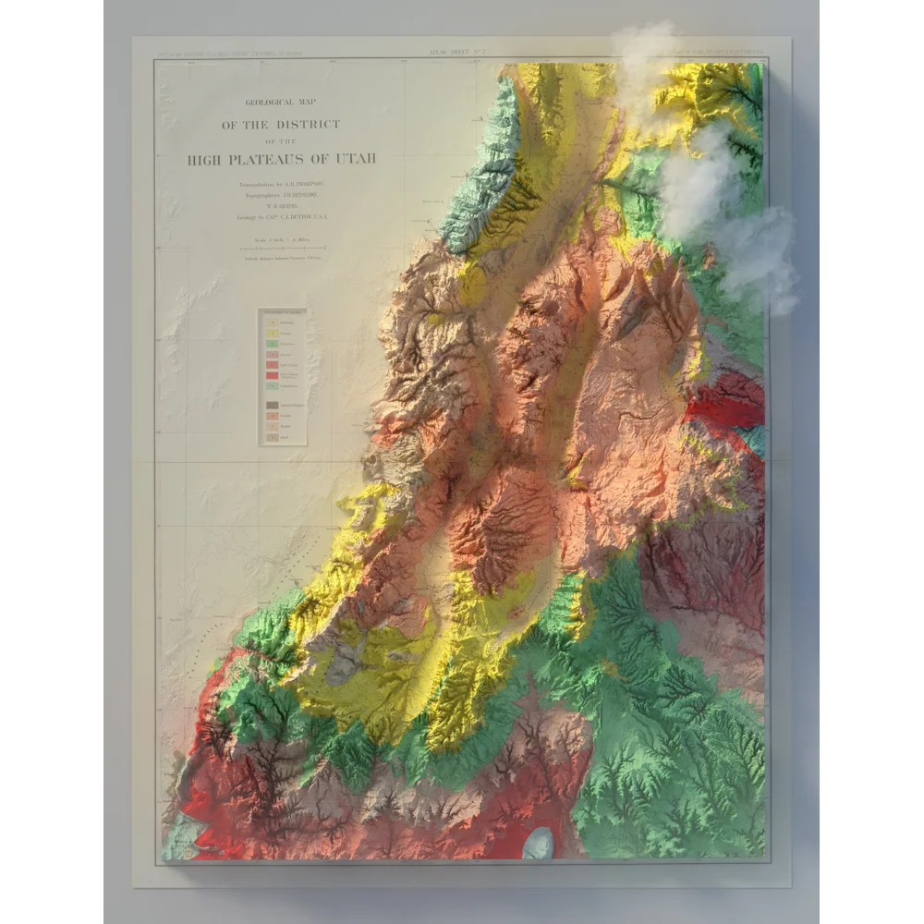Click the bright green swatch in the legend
click(x=274, y=344)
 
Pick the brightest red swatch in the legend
click(x=274, y=376)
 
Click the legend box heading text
click(x=282, y=315)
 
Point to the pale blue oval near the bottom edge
click(x=538, y=843)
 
